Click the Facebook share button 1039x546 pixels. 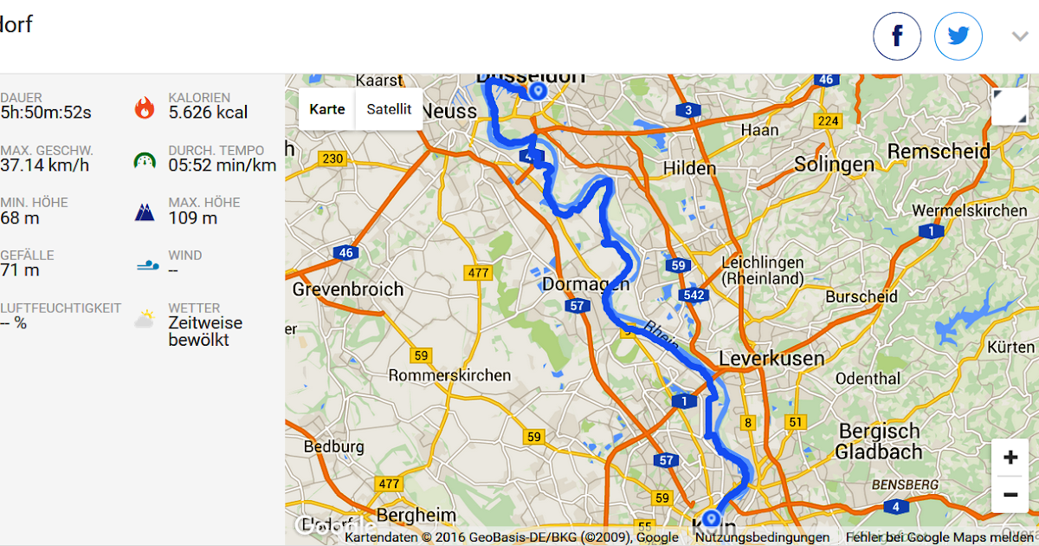point(896,36)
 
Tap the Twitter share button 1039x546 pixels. point(958,36)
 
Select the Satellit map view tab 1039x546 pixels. point(389,109)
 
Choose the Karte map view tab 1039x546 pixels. point(327,109)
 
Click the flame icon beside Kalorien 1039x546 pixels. point(145,107)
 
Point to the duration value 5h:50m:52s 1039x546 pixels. point(46,113)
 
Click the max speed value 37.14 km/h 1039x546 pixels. point(45,166)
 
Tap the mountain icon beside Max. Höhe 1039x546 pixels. point(145,212)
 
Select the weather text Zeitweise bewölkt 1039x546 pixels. point(205,331)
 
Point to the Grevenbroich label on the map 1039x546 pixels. point(348,289)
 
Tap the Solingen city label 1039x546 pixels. point(834,164)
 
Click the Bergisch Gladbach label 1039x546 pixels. point(879,441)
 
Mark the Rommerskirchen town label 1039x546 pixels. point(449,376)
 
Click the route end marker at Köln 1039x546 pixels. point(711,519)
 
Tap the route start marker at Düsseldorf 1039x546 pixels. point(538,91)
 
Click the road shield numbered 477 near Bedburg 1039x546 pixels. point(390,484)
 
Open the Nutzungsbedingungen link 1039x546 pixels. point(762,537)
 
